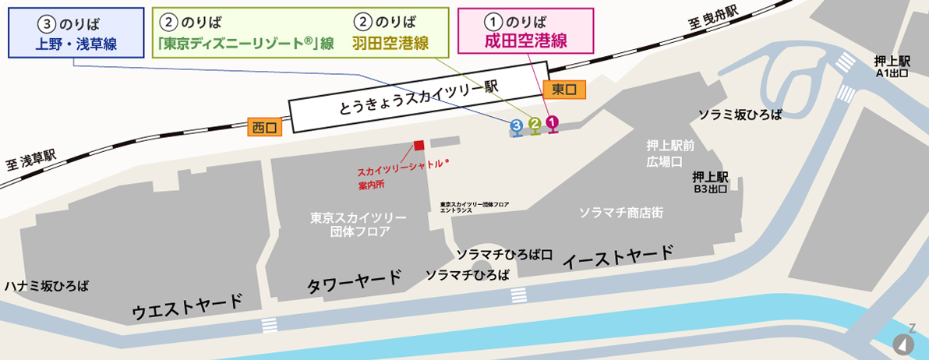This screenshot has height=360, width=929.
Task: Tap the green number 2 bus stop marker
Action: pos(535,123)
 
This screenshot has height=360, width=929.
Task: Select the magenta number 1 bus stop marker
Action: pos(552,122)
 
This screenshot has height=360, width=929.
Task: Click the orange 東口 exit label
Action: pos(563,90)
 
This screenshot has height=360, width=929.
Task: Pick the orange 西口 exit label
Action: pos(266,128)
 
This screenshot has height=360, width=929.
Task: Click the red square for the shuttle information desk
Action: pos(419,145)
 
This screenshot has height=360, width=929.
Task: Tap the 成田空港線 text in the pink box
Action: pos(526,42)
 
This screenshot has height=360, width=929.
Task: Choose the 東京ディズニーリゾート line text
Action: pos(245,44)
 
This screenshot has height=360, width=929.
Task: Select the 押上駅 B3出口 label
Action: pos(710,182)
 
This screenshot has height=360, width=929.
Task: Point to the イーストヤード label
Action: pos(617,256)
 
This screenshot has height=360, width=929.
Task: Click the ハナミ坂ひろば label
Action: pos(46,286)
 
